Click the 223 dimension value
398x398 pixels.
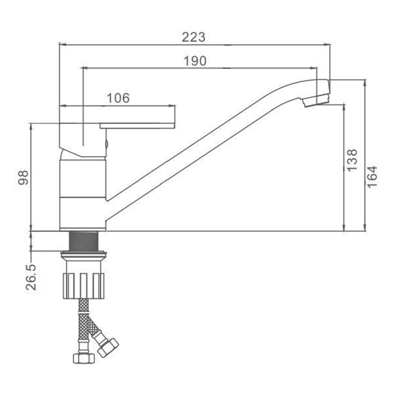193,37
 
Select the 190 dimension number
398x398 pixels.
195,61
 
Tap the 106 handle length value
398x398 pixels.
118,98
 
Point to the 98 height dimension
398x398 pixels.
23,177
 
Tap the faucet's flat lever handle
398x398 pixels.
137,126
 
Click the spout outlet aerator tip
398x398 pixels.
317,101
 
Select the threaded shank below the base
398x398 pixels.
84,241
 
